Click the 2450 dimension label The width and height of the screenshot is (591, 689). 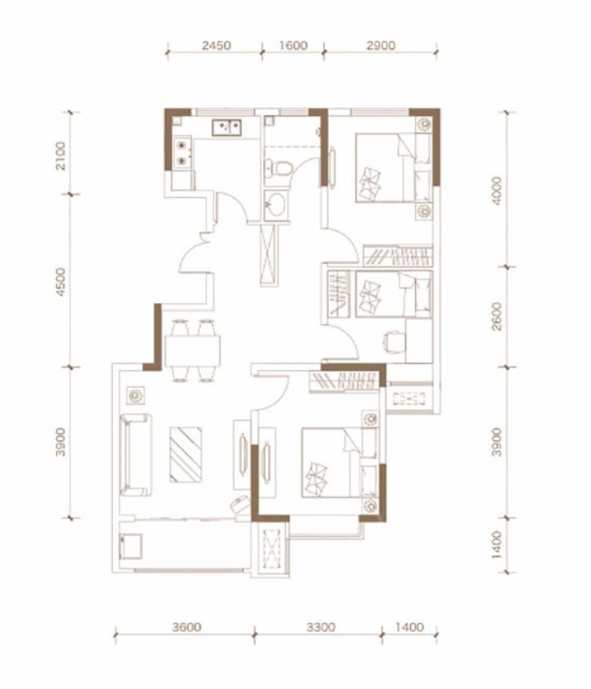click(x=217, y=45)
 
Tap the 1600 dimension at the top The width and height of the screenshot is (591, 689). click(x=293, y=45)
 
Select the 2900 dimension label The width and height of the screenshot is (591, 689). click(x=380, y=45)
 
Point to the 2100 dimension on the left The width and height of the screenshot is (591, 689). click(x=61, y=155)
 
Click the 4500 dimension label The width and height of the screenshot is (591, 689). click(x=61, y=282)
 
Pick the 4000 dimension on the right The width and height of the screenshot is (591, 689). click(x=497, y=190)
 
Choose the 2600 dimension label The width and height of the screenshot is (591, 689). click(x=497, y=316)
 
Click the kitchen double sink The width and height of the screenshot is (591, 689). click(x=227, y=127)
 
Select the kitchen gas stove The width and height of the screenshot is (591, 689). click(x=182, y=153)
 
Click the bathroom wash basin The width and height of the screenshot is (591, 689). click(x=277, y=205)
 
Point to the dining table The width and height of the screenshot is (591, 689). click(x=193, y=350)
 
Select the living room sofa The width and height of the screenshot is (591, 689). click(x=136, y=455)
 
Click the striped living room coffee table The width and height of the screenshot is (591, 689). click(x=186, y=455)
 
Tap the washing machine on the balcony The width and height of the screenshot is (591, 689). click(x=131, y=546)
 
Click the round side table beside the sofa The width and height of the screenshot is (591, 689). click(x=135, y=396)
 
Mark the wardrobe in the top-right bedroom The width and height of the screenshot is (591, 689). click(x=398, y=255)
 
